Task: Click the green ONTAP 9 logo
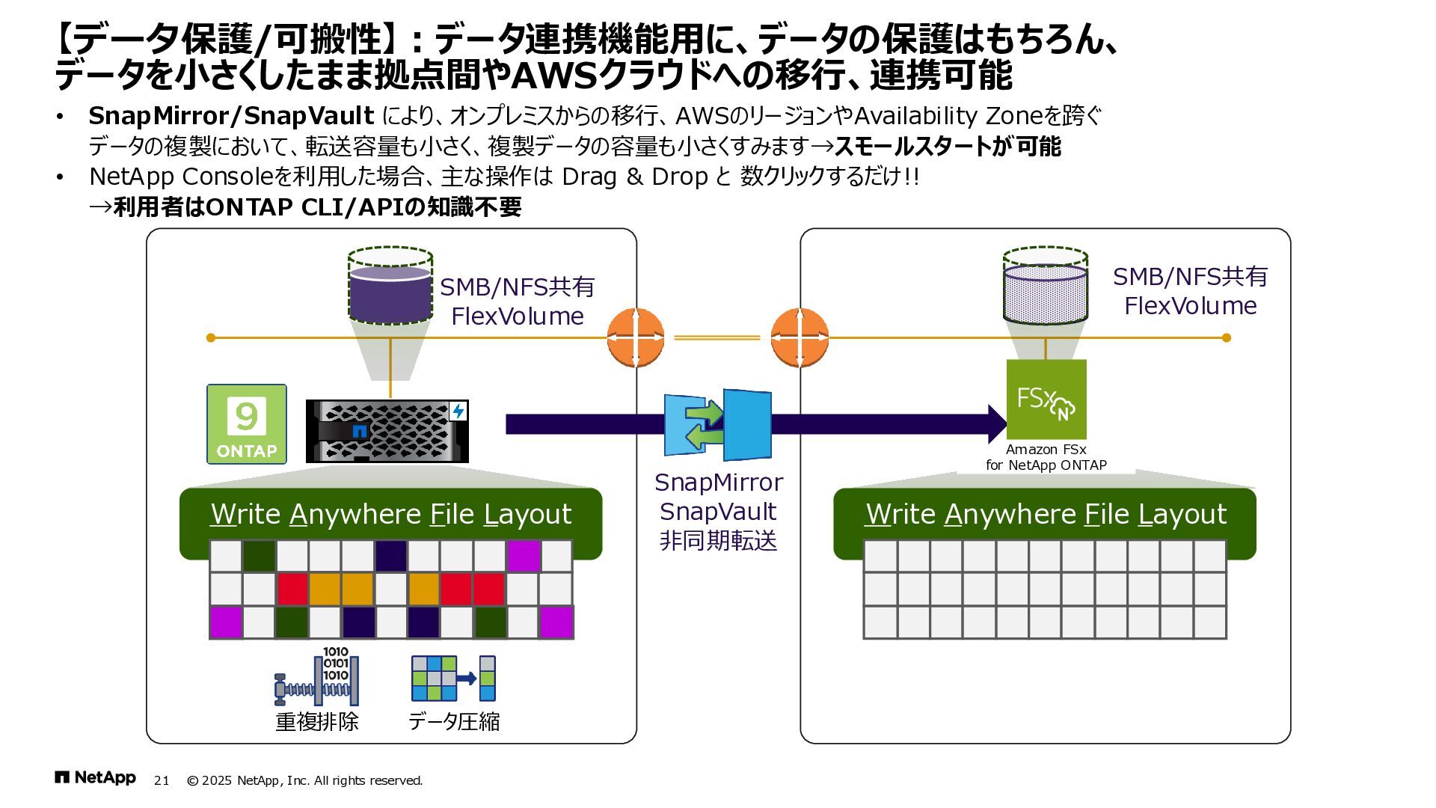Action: tap(247, 424)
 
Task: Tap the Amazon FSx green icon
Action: tap(1046, 400)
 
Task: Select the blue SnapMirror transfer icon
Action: tap(718, 424)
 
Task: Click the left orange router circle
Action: tap(636, 337)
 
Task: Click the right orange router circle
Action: tap(800, 337)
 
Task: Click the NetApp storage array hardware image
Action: tap(387, 431)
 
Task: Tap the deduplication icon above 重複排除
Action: tap(317, 677)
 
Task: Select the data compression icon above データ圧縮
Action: tap(454, 678)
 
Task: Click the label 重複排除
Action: tap(317, 722)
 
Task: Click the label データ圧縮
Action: tap(454, 722)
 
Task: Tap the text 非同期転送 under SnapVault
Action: tap(718, 540)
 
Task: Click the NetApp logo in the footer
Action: tap(95, 778)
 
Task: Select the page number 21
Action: tap(162, 781)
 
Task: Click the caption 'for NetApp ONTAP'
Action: tap(1046, 465)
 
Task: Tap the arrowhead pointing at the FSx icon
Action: tap(998, 424)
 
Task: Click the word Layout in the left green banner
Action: tap(527, 515)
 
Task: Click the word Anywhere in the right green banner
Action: tap(1010, 515)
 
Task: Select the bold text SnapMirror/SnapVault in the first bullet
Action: tap(231, 116)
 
